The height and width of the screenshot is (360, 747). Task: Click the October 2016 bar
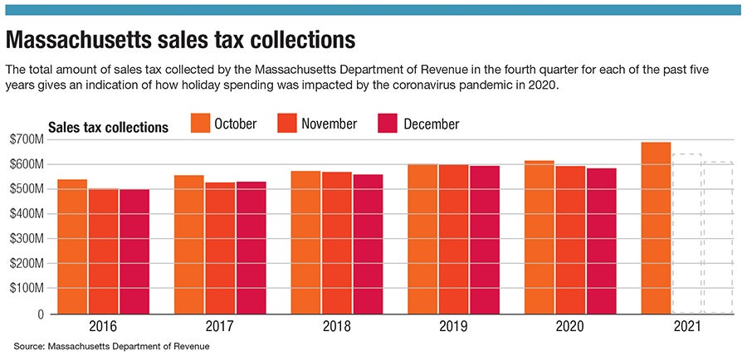(72, 246)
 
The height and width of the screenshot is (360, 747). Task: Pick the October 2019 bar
(423, 239)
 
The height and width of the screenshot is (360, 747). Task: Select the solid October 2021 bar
(656, 228)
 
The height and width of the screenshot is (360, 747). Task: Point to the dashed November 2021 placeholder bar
(687, 233)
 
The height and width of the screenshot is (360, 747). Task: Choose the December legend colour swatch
(390, 124)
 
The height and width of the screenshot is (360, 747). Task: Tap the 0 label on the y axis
(38, 314)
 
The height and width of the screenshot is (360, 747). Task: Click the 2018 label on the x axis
(336, 328)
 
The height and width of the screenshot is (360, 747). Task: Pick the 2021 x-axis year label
(687, 328)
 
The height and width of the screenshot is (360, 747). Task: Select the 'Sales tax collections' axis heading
(108, 127)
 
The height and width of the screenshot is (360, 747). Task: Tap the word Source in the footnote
(29, 346)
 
